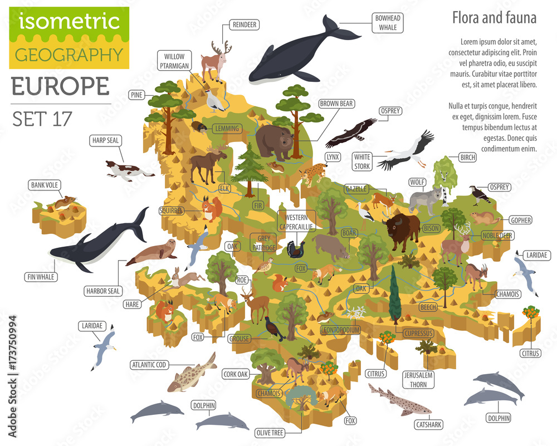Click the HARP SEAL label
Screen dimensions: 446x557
click(x=105, y=141)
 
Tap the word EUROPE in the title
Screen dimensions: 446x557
click(x=60, y=86)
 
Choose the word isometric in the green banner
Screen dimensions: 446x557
click(x=69, y=21)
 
